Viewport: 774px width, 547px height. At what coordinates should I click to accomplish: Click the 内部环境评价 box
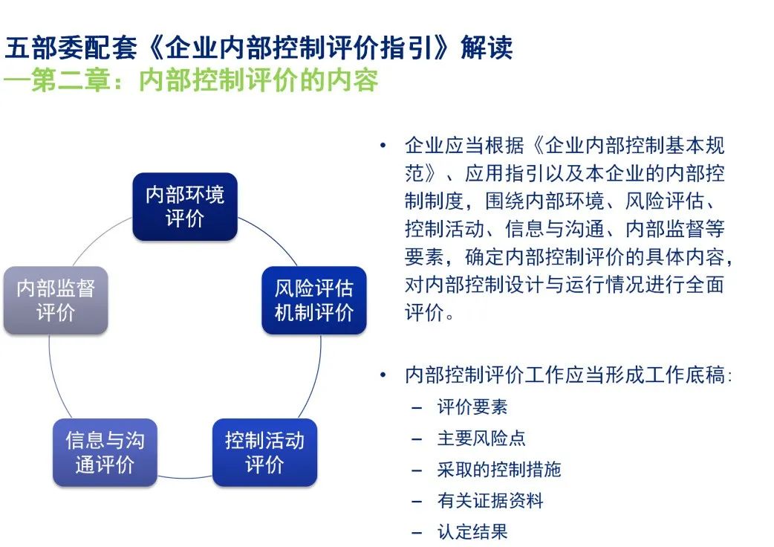184,207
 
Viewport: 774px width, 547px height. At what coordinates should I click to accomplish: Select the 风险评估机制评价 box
313,300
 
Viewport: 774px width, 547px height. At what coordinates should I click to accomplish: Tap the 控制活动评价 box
264,452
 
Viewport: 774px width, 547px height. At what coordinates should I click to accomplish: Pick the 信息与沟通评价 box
105,452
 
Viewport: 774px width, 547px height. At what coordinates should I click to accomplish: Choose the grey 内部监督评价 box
56,300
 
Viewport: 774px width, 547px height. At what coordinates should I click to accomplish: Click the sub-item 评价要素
472,407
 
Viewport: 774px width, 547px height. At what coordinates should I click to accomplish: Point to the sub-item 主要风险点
481,438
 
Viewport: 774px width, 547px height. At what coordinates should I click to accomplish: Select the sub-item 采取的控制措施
499,469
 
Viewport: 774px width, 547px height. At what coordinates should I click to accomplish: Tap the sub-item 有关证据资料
490,500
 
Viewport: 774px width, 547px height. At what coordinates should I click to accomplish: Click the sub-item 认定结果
472,531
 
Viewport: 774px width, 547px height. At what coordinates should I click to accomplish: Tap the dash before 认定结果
417,532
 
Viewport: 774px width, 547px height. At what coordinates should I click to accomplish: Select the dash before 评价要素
417,408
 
